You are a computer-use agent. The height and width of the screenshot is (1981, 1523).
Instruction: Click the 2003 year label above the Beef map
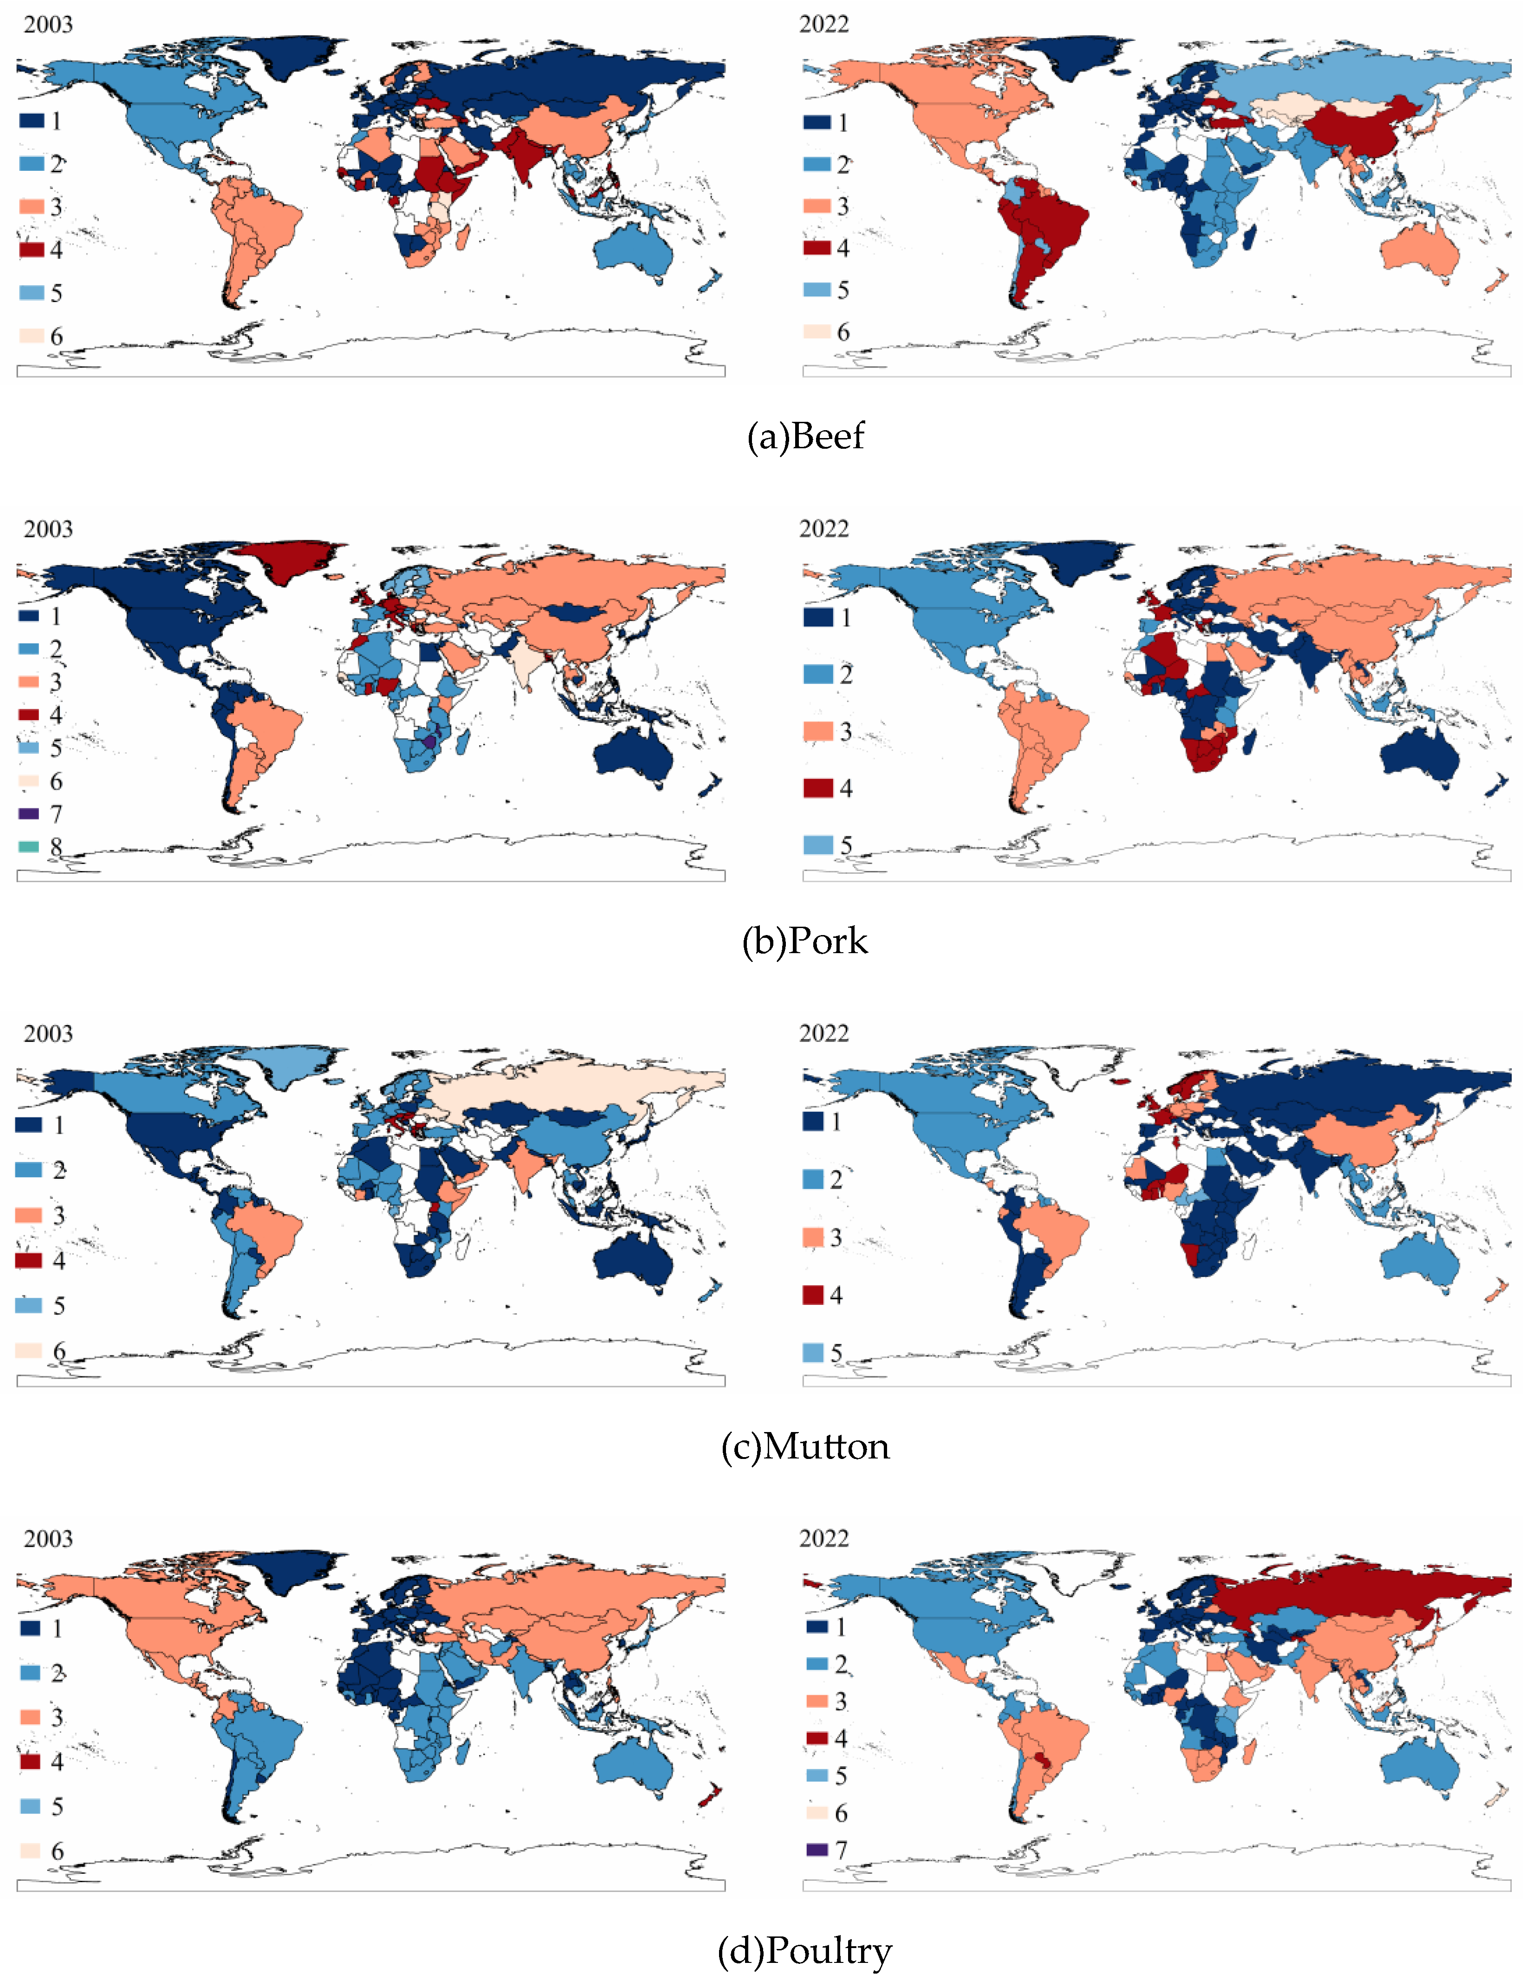(48, 25)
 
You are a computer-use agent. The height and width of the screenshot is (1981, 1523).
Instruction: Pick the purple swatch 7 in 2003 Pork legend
(29, 813)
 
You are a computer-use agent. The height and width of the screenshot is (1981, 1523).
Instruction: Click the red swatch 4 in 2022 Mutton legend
(812, 1294)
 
